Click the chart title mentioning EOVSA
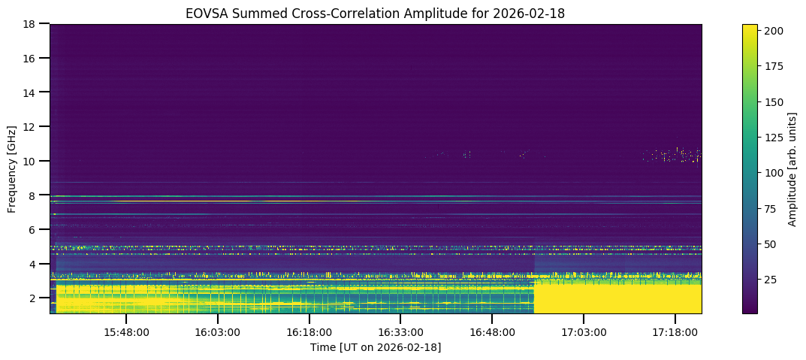[376, 12]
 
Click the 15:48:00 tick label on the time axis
[126, 332]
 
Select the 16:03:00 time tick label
[218, 332]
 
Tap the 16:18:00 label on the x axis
[309, 332]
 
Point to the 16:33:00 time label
[401, 332]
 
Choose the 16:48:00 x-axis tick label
[493, 332]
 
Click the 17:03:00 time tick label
[584, 332]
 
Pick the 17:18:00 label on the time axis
[675, 332]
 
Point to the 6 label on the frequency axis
[32, 230]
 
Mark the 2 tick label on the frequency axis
[32, 298]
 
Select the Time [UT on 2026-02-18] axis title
[376, 347]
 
